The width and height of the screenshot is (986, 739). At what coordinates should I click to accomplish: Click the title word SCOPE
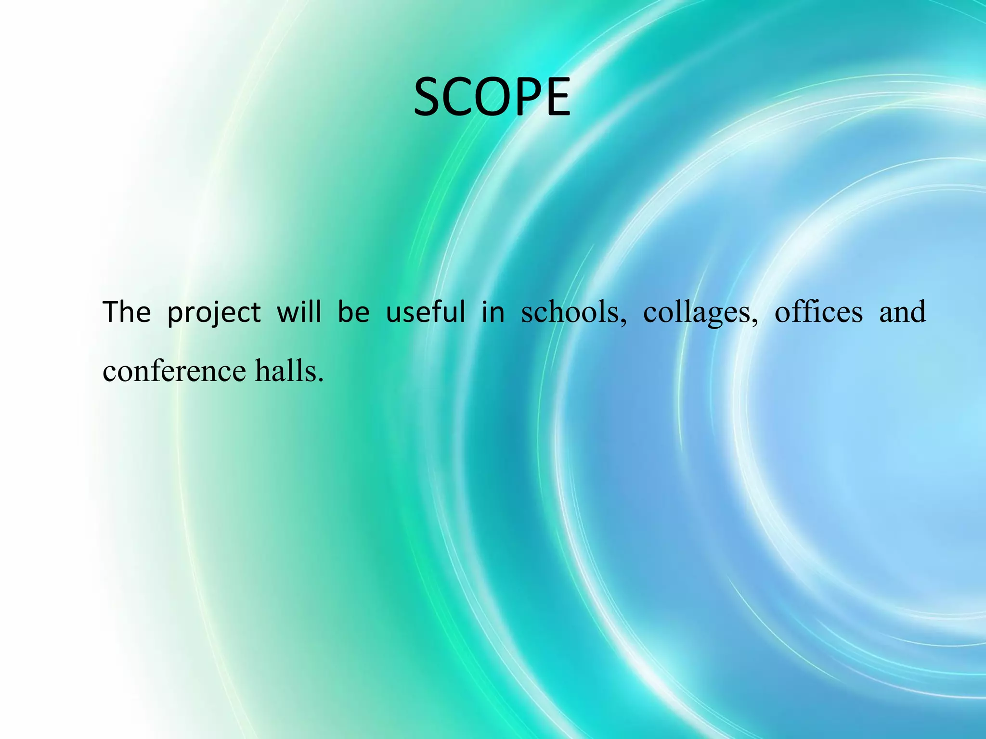pos(492,98)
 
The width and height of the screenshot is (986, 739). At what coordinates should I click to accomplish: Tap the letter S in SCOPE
pos(429,98)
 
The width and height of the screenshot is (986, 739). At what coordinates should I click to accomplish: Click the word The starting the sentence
pos(127,312)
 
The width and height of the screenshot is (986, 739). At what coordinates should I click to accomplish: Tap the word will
pos(298,312)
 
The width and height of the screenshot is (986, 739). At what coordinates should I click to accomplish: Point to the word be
pos(353,312)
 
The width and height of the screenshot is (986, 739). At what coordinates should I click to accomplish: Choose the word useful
pos(426,312)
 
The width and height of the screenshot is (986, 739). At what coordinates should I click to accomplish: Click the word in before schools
pos(493,312)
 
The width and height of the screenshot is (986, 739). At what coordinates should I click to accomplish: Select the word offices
pos(818,312)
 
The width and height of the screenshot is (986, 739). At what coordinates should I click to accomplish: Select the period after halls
pos(321,380)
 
